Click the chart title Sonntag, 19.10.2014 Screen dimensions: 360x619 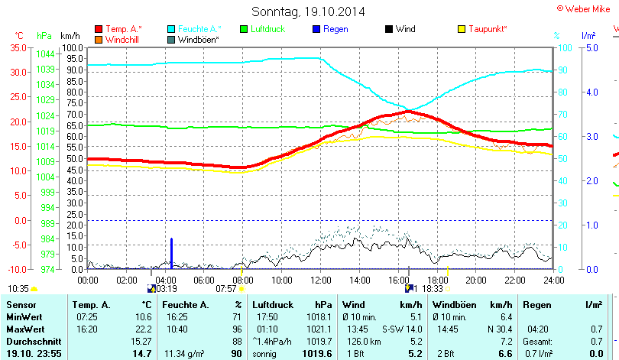click(x=308, y=11)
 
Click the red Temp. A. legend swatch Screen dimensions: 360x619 click(x=99, y=29)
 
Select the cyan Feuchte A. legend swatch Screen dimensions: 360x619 click(x=172, y=29)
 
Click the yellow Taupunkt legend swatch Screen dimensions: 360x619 click(x=461, y=29)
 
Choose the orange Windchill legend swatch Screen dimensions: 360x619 click(x=99, y=39)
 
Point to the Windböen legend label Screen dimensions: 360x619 click(x=198, y=39)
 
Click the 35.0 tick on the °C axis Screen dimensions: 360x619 click(x=17, y=47)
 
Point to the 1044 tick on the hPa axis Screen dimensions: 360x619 click(x=44, y=54)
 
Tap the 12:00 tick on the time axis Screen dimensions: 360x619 click(x=319, y=279)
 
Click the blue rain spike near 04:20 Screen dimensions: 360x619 click(x=171, y=252)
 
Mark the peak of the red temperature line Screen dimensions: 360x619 click(x=409, y=112)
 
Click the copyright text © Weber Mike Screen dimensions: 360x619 click(x=585, y=8)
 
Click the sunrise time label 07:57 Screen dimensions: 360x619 click(x=226, y=289)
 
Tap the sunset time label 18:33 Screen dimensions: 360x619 click(x=433, y=289)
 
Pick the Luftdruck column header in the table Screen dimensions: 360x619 click(x=271, y=305)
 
